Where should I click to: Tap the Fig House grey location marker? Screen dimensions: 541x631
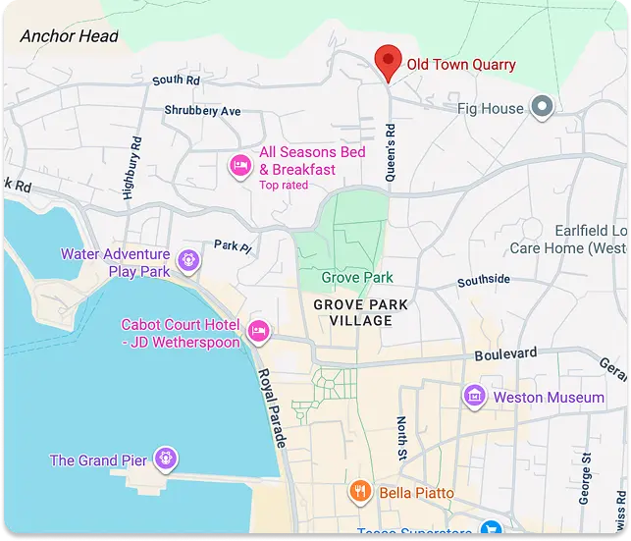pos(542,107)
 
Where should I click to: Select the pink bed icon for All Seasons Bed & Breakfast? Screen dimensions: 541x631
pos(239,166)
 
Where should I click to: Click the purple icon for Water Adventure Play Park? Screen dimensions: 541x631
pos(189,260)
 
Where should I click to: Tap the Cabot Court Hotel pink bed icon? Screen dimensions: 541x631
pos(258,331)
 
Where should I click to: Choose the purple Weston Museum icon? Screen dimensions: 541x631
pos(475,397)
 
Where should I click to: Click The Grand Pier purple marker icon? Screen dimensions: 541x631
pos(167,458)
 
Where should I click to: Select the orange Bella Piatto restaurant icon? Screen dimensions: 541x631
pos(360,491)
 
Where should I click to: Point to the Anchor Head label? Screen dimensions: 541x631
pos(69,36)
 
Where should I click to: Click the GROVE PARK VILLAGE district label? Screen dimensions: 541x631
pos(360,313)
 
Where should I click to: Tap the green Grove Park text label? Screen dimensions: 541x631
pos(357,278)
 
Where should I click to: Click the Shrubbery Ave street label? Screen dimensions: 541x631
pos(202,111)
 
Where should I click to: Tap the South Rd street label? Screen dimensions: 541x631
pos(176,80)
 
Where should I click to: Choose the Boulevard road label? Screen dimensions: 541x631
pos(505,353)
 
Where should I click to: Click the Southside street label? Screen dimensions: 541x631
pos(484,281)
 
